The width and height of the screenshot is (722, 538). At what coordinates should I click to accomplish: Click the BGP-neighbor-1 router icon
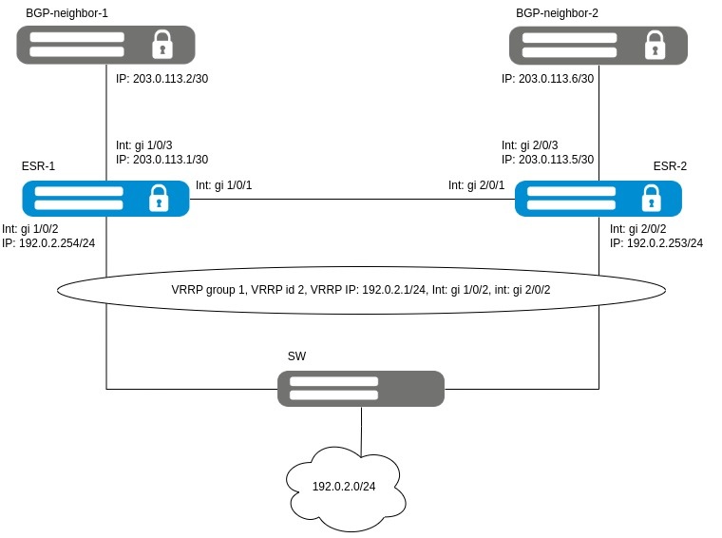click(x=105, y=45)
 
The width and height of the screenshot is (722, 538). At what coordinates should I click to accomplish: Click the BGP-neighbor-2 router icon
click(x=598, y=45)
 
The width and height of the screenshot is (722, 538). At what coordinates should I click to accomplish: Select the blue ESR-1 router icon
click(x=105, y=198)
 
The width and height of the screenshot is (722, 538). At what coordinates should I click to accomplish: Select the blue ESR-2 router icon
click(x=598, y=199)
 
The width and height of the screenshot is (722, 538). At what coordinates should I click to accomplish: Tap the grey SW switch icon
click(x=361, y=389)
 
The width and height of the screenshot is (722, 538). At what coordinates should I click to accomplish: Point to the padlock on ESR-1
click(x=159, y=199)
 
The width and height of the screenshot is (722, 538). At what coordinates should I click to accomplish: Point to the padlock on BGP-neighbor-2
click(x=654, y=45)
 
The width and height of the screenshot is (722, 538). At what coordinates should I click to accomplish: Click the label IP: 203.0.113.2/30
click(x=161, y=79)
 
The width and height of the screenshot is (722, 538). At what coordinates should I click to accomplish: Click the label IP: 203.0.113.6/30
click(x=548, y=79)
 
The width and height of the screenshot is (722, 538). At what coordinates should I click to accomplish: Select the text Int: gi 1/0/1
click(x=224, y=184)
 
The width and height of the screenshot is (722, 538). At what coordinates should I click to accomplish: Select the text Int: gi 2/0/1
click(x=476, y=184)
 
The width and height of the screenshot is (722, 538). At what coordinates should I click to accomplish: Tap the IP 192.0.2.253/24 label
click(x=656, y=243)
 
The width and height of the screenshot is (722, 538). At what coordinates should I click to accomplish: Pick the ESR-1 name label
click(x=38, y=166)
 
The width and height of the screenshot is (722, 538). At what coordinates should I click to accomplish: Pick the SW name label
click(x=297, y=355)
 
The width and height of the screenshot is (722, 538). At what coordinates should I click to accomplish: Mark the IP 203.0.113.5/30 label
click(x=548, y=160)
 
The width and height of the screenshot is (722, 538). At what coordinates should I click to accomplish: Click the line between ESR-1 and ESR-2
click(x=351, y=199)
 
